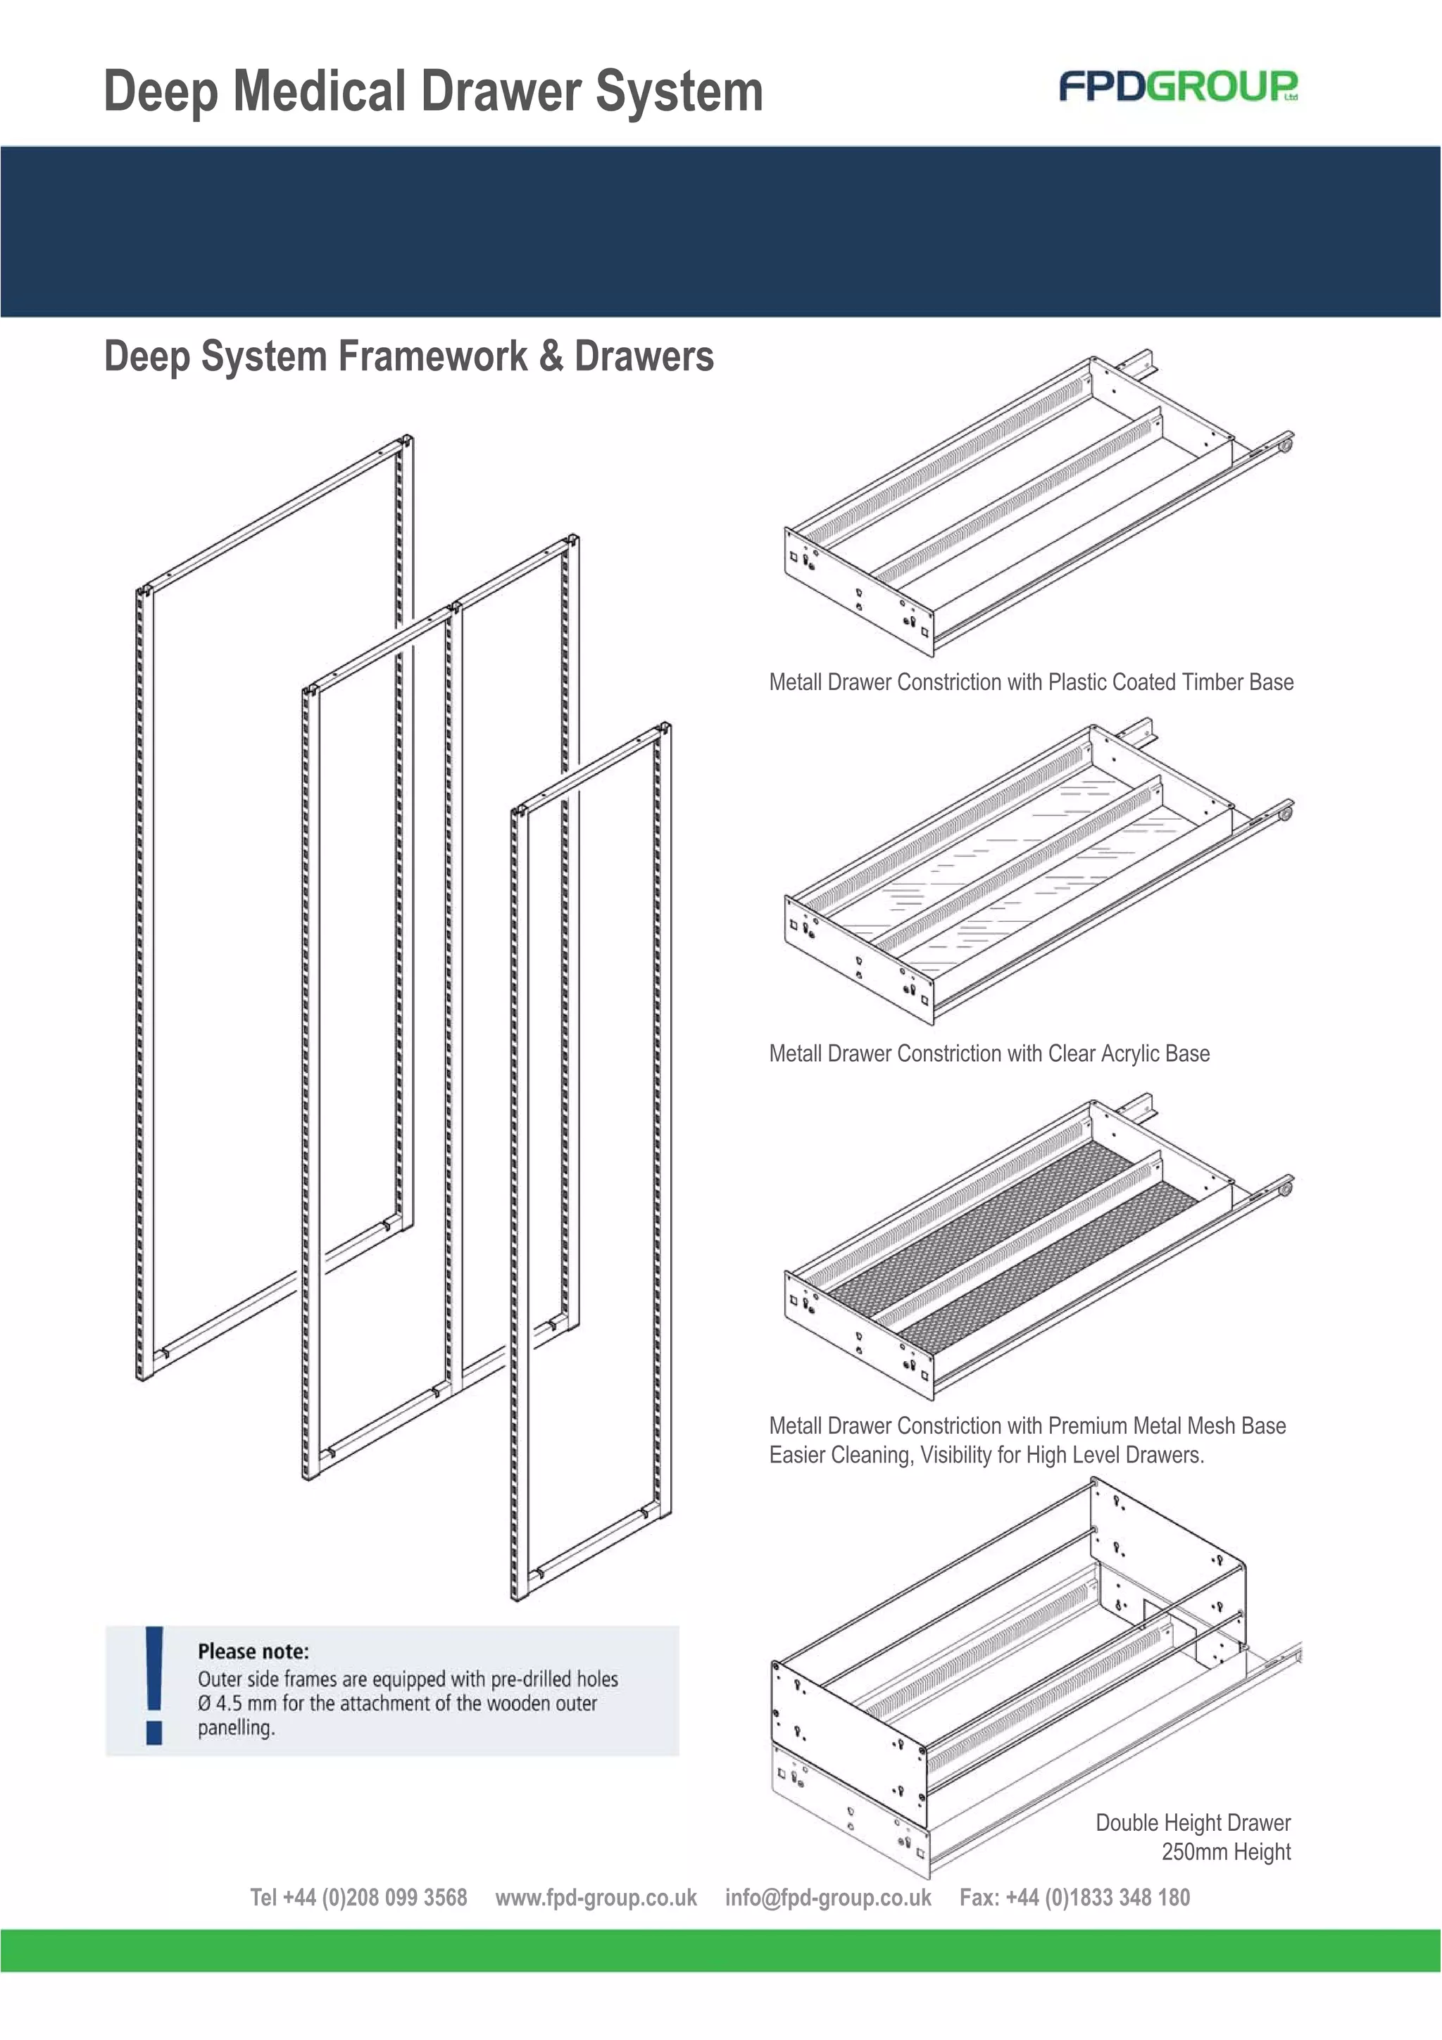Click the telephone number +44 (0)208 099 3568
tap(374, 1898)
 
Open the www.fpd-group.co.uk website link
tap(596, 1898)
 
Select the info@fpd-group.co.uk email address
tap(828, 1898)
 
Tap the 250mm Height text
tap(1225, 1852)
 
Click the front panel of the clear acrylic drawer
tap(858, 953)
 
